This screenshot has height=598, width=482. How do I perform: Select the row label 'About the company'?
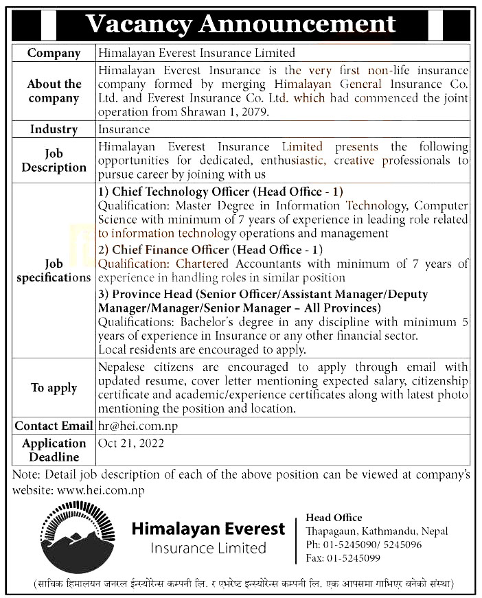tap(54, 91)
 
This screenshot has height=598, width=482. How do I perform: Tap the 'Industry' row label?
tap(54, 129)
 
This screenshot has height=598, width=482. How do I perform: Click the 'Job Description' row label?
tap(54, 160)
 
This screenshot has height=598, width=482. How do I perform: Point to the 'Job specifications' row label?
tap(54, 271)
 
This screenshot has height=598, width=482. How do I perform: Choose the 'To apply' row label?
tap(54, 388)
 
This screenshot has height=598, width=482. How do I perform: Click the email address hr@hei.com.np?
tap(138, 426)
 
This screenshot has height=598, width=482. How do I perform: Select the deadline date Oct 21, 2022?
tap(131, 444)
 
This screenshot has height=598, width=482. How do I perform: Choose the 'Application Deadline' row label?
tap(54, 450)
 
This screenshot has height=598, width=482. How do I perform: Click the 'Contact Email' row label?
tap(54, 426)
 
